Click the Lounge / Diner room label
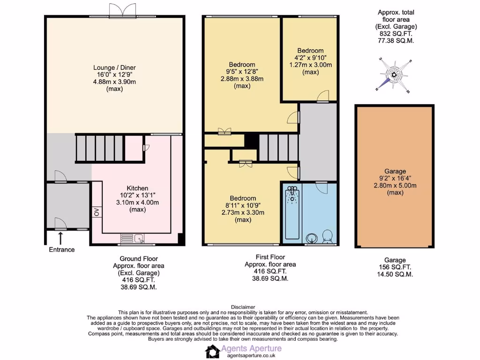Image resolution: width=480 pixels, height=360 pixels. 114,67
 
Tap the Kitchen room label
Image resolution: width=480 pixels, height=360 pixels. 137,188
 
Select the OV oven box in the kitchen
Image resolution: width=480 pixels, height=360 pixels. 97,211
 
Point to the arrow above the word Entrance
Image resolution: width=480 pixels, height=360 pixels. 61,237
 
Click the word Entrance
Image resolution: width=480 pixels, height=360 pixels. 62,249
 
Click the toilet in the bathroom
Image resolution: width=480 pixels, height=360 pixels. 327,237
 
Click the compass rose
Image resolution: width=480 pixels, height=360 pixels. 394,75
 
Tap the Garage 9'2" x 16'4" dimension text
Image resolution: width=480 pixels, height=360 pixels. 394,179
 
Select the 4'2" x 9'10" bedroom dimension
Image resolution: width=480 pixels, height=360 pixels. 310,58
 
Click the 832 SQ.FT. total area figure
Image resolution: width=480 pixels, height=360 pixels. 396,34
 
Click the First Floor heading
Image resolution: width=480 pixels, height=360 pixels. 270,257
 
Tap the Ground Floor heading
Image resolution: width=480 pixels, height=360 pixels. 139,259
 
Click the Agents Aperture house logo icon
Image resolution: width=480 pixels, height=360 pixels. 212,351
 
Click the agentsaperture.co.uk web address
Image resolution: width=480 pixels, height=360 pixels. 251,356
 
